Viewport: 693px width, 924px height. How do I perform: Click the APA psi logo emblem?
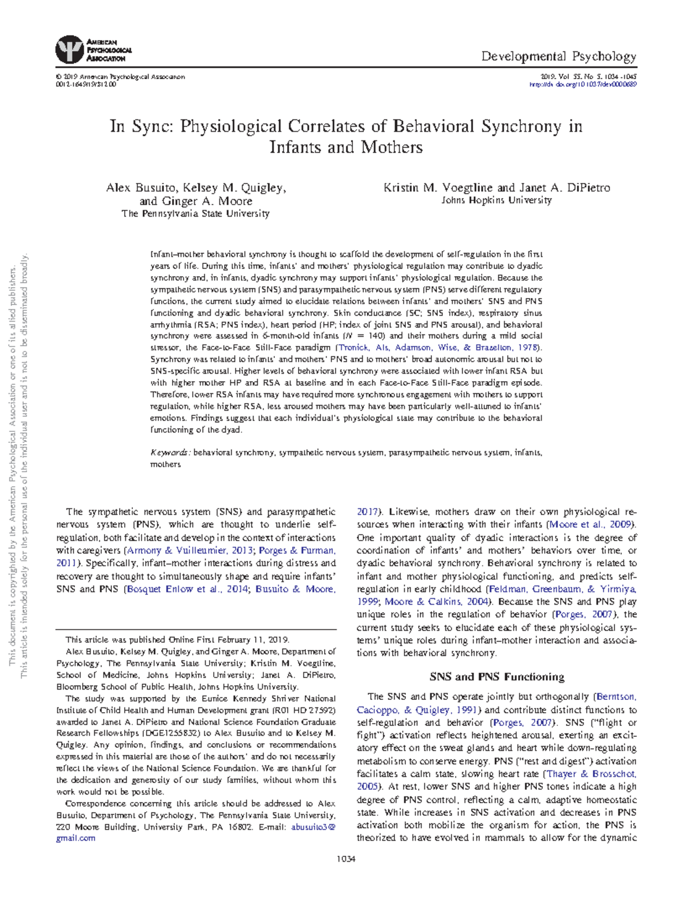pos(69,50)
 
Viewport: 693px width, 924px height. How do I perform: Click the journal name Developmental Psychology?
pos(558,57)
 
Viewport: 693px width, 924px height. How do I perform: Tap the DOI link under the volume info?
pos(583,84)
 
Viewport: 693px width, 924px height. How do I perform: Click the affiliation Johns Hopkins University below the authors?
pos(496,200)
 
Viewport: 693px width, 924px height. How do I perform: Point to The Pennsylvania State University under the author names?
pos(195,214)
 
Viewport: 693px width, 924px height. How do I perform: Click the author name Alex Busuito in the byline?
pos(141,188)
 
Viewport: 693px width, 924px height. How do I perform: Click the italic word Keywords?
pos(170,453)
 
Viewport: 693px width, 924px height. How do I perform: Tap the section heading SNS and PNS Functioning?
pos(497,677)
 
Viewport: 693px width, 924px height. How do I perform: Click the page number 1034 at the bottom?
pos(346,859)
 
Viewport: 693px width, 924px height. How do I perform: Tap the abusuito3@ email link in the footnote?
pos(312,827)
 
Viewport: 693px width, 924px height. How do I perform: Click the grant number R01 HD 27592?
pos(304,710)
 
